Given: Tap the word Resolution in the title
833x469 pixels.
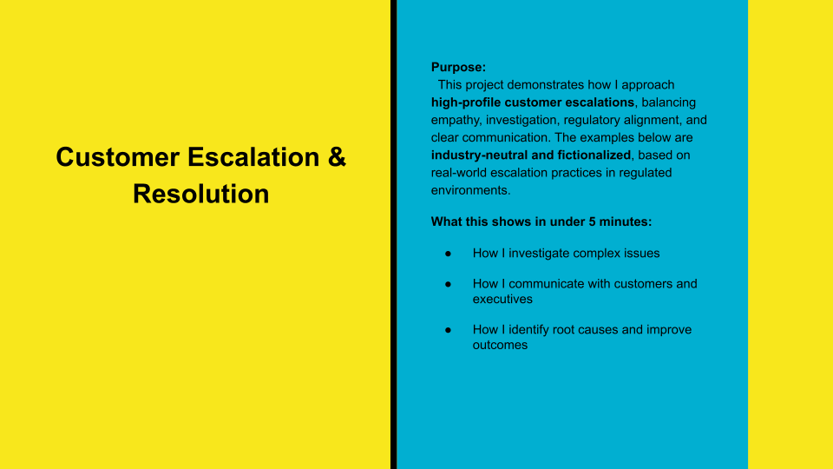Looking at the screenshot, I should pos(200,194).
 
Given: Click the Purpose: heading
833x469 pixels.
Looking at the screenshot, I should pos(459,67).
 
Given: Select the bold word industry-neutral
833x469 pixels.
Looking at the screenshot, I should pos(481,155).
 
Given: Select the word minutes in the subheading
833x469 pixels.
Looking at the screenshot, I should pos(624,221).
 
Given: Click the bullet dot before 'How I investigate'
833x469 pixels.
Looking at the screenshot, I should pos(449,254).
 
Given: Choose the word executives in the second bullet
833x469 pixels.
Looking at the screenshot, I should pos(503,299).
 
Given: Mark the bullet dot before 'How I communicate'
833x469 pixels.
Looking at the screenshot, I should pos(449,284).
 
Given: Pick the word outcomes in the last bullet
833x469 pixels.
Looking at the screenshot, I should pos(501,345).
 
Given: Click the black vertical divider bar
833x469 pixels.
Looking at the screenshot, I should pos(393,234).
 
